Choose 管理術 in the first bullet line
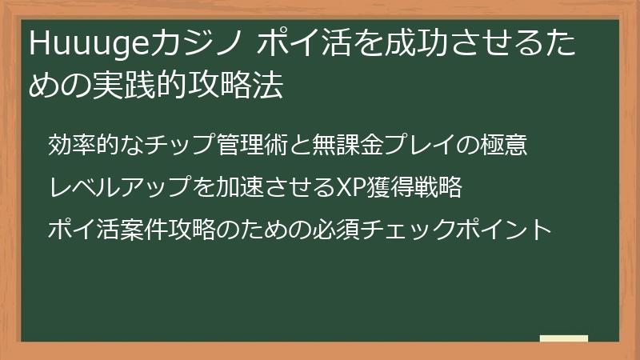tap(255, 146)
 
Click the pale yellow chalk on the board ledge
tap(563, 338)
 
